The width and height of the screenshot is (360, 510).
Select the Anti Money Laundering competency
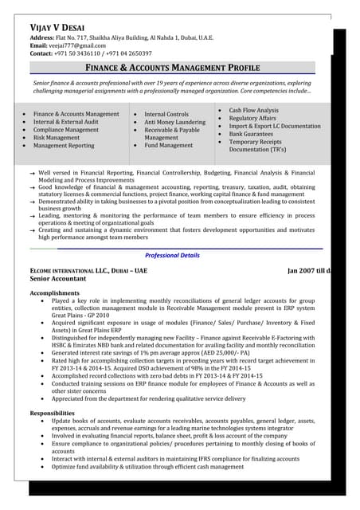[x=174, y=122]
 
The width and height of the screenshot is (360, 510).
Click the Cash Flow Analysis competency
[x=253, y=110]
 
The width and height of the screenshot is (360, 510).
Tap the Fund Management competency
[x=168, y=146]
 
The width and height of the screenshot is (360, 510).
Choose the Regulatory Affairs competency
[x=253, y=118]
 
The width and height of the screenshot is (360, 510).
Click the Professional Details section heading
[x=172, y=255]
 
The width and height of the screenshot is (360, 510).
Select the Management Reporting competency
[x=64, y=146]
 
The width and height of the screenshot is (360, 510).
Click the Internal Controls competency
[x=166, y=114]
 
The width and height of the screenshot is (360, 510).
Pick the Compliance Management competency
[x=66, y=130]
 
